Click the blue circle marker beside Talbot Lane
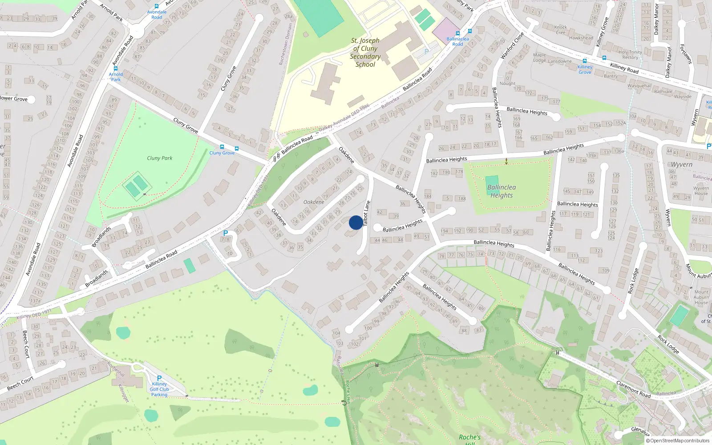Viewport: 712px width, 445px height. click(356, 222)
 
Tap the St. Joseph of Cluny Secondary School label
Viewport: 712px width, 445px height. click(365, 53)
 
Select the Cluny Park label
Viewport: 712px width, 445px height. click(159, 158)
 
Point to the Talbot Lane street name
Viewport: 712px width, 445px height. click(366, 213)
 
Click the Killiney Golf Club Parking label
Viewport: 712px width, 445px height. click(159, 389)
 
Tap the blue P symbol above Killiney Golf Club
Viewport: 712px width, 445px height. click(159, 378)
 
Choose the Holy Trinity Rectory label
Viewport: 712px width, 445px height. click(630, 55)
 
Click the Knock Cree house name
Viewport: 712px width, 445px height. click(561, 30)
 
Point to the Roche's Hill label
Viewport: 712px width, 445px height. click(470, 439)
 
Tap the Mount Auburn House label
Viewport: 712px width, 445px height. click(701, 297)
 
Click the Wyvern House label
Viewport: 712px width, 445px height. click(701, 191)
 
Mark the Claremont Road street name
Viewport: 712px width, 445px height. click(633, 389)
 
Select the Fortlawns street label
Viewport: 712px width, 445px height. click(685, 54)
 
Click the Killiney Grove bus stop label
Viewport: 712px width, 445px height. click(585, 69)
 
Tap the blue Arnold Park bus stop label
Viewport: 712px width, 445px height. click(116, 77)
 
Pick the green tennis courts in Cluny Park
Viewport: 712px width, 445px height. click(137, 186)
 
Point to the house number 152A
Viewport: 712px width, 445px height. click(621, 123)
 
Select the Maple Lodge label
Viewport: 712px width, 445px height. click(539, 58)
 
